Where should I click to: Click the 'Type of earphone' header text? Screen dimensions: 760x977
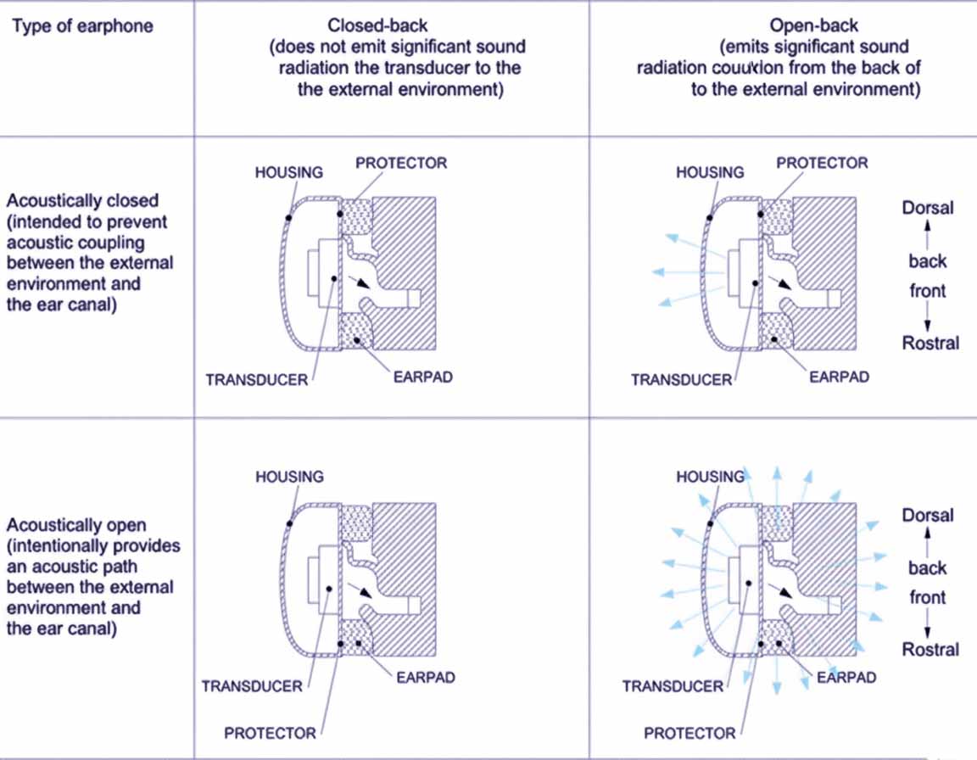(82, 25)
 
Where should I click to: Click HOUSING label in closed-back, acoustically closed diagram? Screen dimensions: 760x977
(289, 172)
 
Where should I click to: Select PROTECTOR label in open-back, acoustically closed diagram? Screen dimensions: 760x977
(822, 163)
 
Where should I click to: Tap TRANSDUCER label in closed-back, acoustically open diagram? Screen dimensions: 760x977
(252, 685)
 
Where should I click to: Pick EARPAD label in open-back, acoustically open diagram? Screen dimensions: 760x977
(846, 678)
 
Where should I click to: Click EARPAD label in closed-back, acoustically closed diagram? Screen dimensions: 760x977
(422, 377)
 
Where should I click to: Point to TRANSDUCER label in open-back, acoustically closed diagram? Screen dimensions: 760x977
(681, 380)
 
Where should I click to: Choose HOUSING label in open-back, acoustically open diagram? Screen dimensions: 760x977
(710, 478)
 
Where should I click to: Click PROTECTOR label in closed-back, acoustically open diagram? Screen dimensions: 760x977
(270, 733)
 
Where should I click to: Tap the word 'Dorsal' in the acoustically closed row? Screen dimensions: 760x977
(928, 208)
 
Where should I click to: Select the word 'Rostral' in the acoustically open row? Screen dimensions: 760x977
(930, 650)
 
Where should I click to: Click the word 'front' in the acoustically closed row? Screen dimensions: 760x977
(928, 291)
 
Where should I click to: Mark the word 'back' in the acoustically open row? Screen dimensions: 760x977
(928, 568)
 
